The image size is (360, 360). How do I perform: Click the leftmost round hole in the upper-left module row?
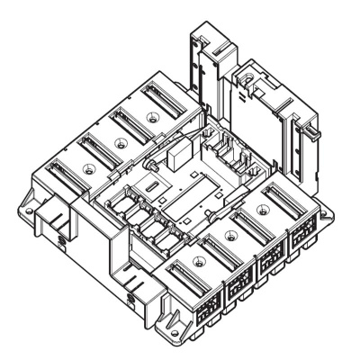pos(87,168)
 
